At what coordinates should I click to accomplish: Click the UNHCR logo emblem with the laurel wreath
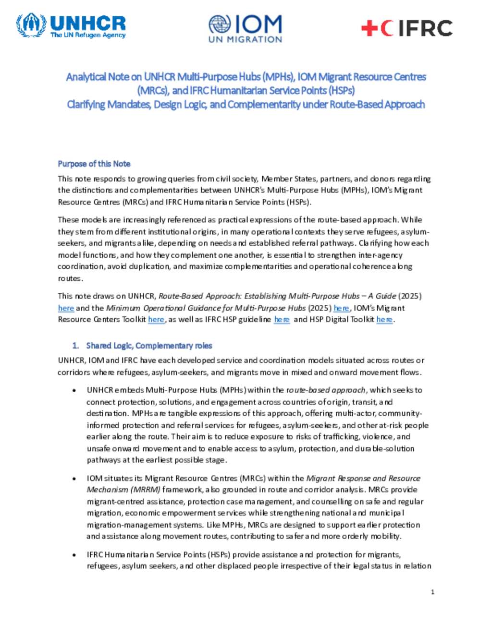click(x=31, y=25)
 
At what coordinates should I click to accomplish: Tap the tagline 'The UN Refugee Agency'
click(x=88, y=35)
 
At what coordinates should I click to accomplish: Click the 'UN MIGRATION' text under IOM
click(x=245, y=39)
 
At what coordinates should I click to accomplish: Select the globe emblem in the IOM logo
click(x=220, y=24)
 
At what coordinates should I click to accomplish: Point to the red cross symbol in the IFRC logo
click(x=369, y=28)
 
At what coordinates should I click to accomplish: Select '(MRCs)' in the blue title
click(x=153, y=90)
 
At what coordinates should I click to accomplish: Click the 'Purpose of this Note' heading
click(x=94, y=164)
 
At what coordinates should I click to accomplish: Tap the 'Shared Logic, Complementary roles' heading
click(x=149, y=346)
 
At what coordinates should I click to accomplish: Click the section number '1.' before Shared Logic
click(x=75, y=346)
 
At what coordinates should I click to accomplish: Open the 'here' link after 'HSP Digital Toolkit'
click(x=384, y=319)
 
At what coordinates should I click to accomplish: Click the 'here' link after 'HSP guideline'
click(x=282, y=319)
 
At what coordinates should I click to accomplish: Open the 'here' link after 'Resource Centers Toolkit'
click(x=156, y=319)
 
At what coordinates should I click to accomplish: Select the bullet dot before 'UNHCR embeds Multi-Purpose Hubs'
click(x=74, y=390)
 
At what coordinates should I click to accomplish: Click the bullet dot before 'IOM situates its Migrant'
click(x=74, y=479)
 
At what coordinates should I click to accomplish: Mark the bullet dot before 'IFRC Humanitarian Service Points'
click(x=74, y=555)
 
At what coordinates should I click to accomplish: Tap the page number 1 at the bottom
click(x=432, y=592)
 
